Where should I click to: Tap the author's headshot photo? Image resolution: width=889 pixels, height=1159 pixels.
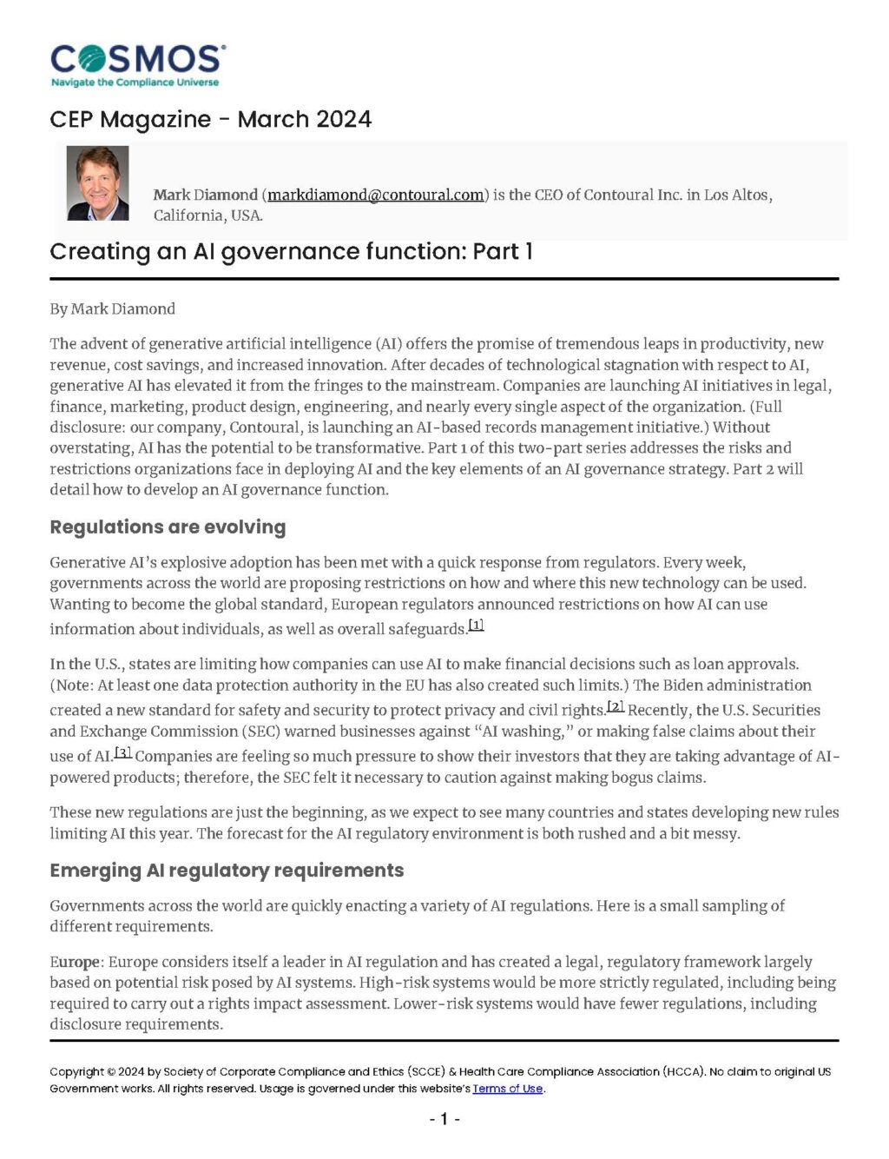pyautogui.click(x=97, y=183)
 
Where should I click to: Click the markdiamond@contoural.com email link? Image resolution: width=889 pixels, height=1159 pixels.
pyautogui.click(x=375, y=195)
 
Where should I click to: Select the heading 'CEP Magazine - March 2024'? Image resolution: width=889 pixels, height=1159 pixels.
pyautogui.click(x=210, y=119)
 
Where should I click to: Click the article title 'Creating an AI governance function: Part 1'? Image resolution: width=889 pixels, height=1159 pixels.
pyautogui.click(x=291, y=252)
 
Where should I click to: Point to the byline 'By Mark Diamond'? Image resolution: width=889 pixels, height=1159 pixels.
pyautogui.click(x=112, y=308)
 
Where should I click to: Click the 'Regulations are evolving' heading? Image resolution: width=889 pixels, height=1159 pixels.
pyautogui.click(x=168, y=527)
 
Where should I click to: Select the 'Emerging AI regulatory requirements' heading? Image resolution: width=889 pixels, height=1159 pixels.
pyautogui.click(x=227, y=871)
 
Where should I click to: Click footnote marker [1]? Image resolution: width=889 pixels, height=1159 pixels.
pyautogui.click(x=476, y=625)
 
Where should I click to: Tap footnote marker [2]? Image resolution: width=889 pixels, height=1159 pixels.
pyautogui.click(x=615, y=705)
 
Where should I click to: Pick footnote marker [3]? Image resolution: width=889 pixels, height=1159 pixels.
pyautogui.click(x=122, y=752)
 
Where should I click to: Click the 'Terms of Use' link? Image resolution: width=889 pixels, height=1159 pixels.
pyautogui.click(x=507, y=1089)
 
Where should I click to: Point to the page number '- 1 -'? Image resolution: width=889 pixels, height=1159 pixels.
pyautogui.click(x=444, y=1119)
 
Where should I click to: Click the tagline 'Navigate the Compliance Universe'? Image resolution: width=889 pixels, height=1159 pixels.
pyautogui.click(x=135, y=83)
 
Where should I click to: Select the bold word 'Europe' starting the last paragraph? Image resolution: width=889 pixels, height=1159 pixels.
pyautogui.click(x=75, y=962)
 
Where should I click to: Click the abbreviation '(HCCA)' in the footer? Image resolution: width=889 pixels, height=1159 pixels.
pyautogui.click(x=682, y=1071)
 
